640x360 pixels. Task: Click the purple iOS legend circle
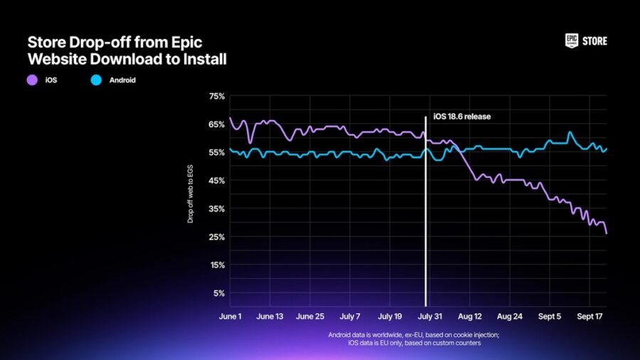[x=32, y=80]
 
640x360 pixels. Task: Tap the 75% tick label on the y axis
[x=216, y=96]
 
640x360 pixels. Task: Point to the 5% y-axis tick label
[x=218, y=293]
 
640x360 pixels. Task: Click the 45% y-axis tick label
[x=216, y=181]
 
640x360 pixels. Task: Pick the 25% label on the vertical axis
[x=216, y=237]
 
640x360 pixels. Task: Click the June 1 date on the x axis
[x=230, y=316]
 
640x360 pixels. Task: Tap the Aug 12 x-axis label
[x=471, y=316]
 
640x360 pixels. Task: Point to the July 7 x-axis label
[x=351, y=316]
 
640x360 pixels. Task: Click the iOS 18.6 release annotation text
[x=462, y=116]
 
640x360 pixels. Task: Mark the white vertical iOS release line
[x=425, y=213]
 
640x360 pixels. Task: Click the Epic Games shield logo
[x=572, y=41]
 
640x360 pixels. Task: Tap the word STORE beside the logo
[x=595, y=41]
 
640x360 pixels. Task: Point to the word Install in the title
[x=203, y=60]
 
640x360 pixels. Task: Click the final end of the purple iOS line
[x=607, y=233]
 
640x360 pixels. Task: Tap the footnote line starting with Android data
[x=413, y=334]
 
